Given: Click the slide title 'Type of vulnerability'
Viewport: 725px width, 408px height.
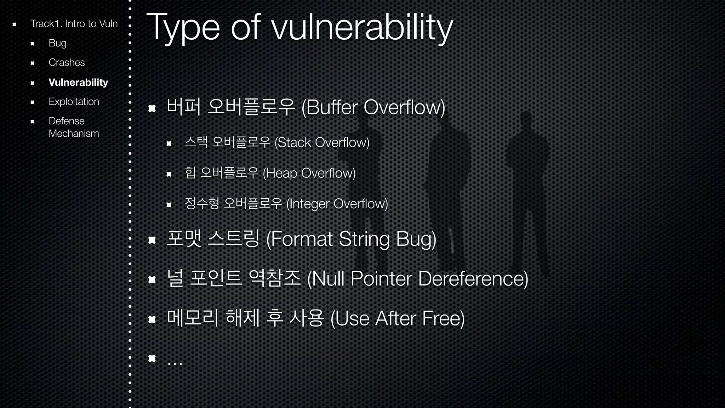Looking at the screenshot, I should tap(299, 28).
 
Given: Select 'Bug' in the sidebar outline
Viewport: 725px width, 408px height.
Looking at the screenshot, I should tap(57, 43).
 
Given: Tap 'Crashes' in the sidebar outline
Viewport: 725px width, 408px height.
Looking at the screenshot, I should tap(67, 63).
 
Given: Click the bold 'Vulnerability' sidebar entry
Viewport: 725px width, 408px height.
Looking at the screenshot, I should tap(78, 82).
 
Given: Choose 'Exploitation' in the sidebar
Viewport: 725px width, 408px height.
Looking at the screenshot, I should tap(74, 102).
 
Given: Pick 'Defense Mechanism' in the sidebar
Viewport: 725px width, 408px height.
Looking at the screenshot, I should tap(74, 127).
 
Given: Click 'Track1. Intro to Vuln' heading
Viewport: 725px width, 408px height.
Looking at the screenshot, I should tap(74, 24).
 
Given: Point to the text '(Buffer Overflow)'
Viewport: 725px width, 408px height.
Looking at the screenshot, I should tap(373, 107).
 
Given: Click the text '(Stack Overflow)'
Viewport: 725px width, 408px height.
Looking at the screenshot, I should tap(322, 142).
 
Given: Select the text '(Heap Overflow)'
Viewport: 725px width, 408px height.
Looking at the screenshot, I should tap(309, 173).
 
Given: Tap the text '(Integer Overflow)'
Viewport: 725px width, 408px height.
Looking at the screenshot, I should tap(337, 204).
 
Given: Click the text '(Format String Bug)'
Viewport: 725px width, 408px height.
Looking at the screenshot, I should tap(351, 239).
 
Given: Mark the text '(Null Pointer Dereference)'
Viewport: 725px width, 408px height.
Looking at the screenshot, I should tap(418, 279).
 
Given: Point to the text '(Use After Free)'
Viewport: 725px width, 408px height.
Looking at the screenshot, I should tap(397, 318).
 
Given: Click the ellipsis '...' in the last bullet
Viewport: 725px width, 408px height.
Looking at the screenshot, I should tap(175, 361).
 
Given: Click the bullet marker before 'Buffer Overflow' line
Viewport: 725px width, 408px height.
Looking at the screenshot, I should tap(152, 108).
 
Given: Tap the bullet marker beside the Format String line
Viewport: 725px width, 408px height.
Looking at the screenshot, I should tap(152, 240).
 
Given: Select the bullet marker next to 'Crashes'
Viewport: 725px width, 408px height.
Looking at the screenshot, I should tap(32, 63).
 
